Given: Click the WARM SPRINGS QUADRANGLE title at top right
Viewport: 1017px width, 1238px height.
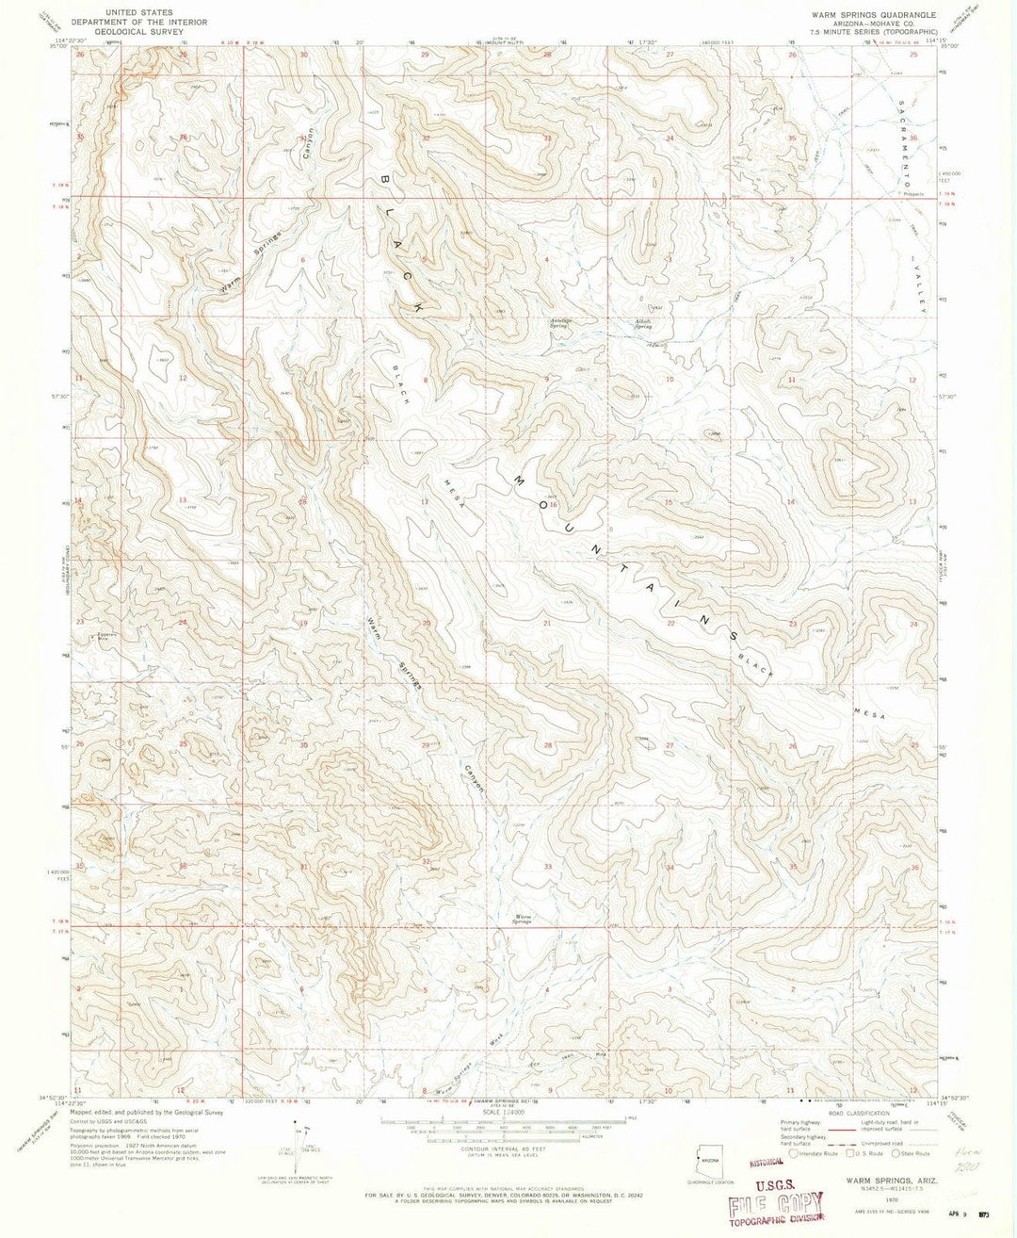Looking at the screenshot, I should (865, 15).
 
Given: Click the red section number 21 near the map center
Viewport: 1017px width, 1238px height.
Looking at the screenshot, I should (546, 624).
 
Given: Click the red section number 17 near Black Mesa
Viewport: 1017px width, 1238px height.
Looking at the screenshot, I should (425, 502).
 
